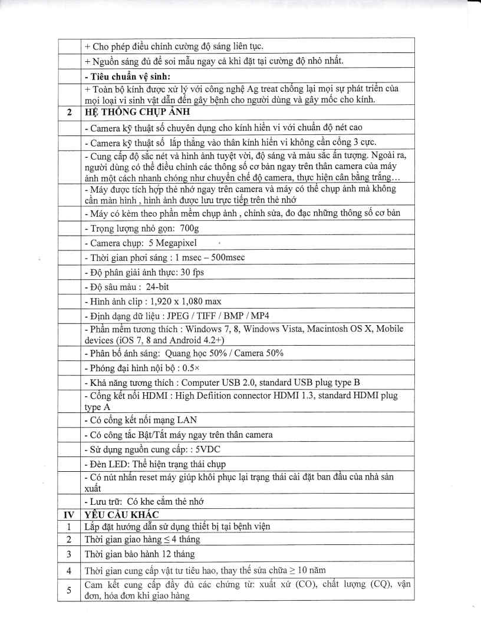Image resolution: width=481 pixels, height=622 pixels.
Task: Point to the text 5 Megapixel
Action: [x=169, y=242]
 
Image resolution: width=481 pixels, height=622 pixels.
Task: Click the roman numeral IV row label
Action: [x=69, y=514]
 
